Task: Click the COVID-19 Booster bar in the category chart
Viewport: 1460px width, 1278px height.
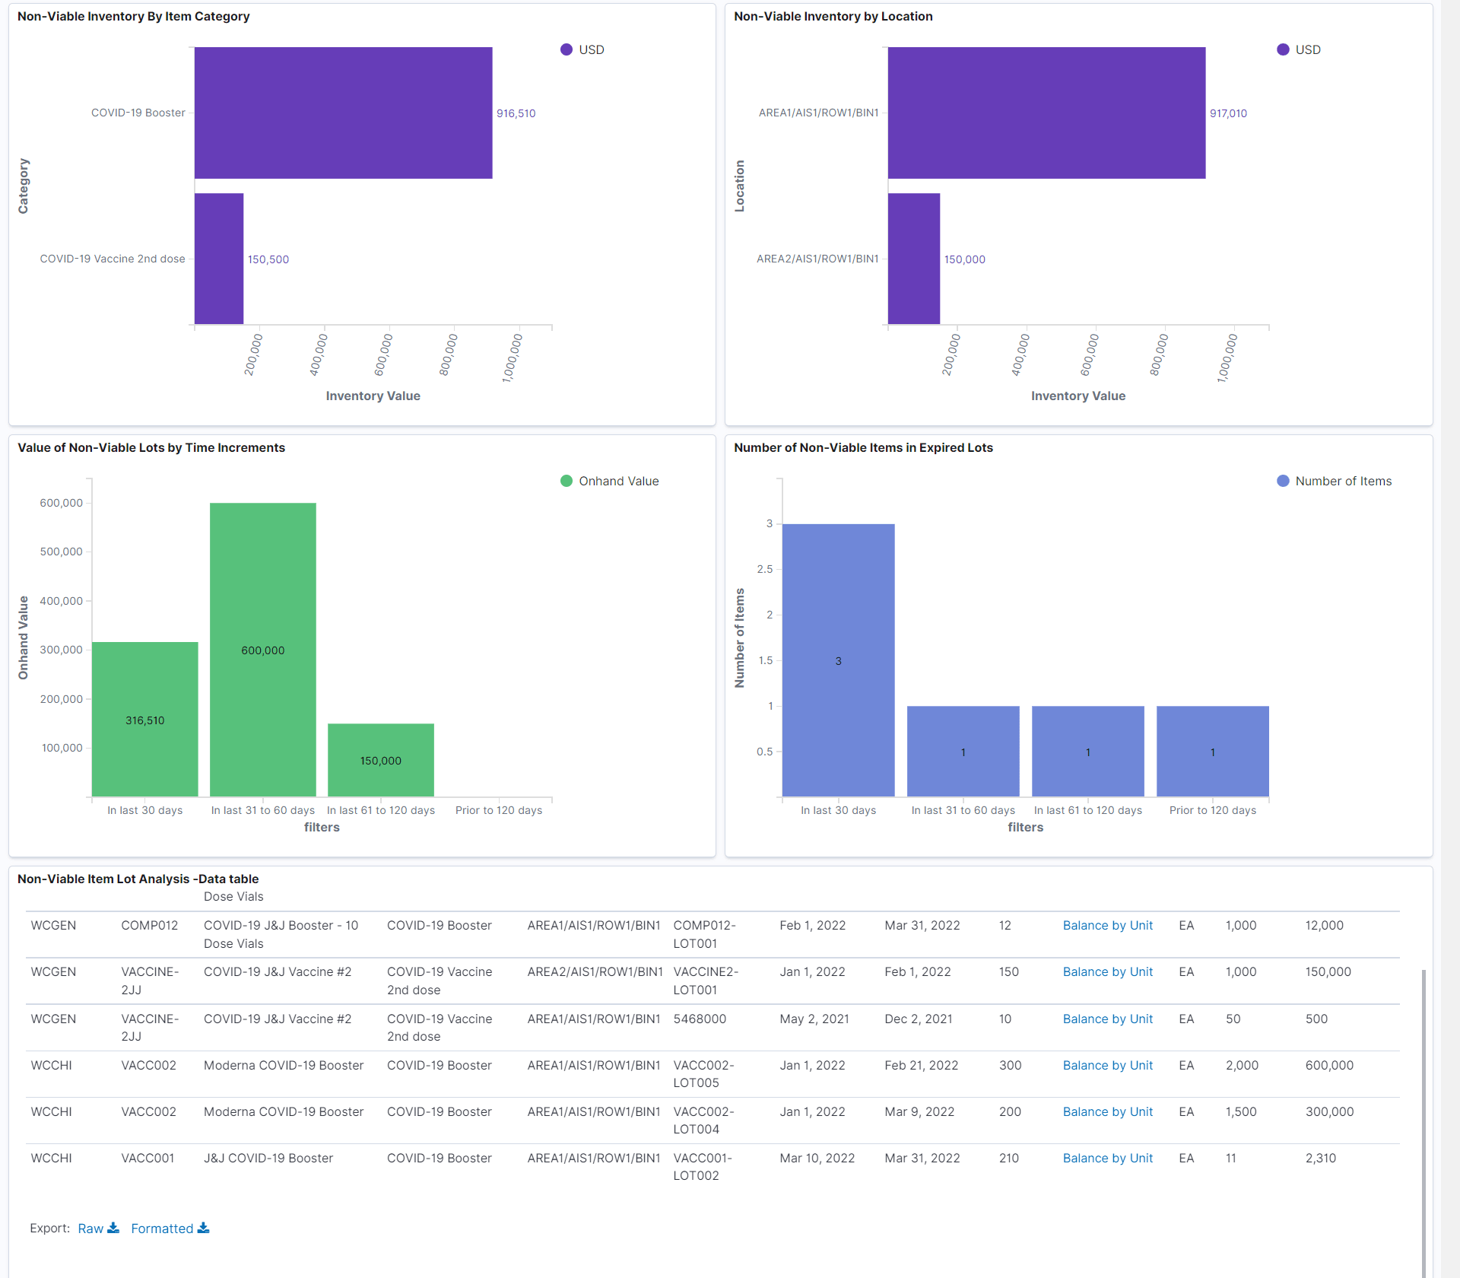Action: [x=343, y=113]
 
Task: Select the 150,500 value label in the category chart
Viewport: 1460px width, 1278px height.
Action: [x=268, y=259]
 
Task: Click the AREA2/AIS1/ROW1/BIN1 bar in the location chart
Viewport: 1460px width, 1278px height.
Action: [x=913, y=259]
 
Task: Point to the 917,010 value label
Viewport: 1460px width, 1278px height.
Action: [x=1228, y=113]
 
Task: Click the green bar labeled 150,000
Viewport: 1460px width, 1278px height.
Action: [x=380, y=760]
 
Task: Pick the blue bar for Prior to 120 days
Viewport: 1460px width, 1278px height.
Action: [x=1212, y=751]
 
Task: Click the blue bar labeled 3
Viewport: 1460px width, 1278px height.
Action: [x=838, y=660]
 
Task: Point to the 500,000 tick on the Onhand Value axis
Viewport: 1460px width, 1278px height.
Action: [x=61, y=552]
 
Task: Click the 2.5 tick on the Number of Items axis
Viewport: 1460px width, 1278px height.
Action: [x=764, y=569]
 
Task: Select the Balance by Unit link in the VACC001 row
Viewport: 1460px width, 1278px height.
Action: [x=1107, y=1158]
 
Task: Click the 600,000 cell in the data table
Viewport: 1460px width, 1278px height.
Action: [x=1328, y=1065]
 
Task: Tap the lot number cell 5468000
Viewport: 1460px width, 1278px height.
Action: [x=699, y=1019]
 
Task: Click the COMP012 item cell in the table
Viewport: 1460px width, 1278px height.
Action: [x=149, y=925]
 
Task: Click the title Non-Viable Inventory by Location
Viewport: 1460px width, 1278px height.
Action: [x=833, y=16]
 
